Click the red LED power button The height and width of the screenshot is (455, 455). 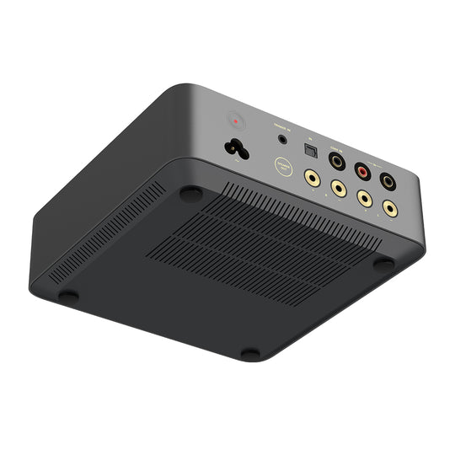click(234, 120)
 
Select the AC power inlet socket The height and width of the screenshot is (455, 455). click(235, 148)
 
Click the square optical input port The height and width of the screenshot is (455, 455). click(310, 150)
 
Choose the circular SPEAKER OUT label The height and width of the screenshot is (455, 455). click(284, 167)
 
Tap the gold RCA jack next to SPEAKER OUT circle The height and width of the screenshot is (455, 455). click(313, 179)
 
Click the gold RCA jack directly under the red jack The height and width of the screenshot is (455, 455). click(363, 199)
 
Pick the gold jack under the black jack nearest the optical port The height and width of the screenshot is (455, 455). click(338, 188)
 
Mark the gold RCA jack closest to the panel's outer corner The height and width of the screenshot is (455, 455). click(389, 207)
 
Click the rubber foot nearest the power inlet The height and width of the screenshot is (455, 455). click(191, 193)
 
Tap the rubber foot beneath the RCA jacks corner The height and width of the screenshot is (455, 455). click(383, 264)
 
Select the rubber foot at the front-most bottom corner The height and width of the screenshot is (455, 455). click(250, 353)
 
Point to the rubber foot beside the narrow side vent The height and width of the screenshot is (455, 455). click(67, 296)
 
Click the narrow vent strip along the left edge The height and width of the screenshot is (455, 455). click(105, 232)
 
